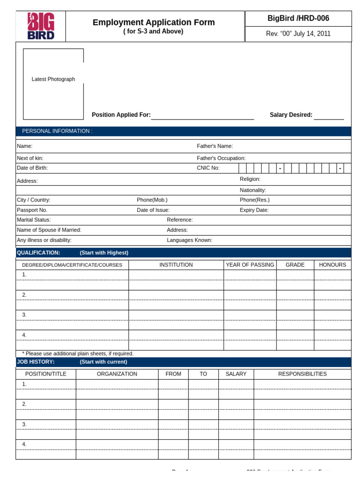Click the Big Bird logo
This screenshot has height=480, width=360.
click(41, 26)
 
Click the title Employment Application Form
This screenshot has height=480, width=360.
click(154, 22)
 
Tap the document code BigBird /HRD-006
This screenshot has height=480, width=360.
click(298, 18)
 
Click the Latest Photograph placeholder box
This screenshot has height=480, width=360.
click(53, 83)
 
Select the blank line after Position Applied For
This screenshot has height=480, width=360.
click(202, 115)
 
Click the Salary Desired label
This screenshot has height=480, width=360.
click(291, 115)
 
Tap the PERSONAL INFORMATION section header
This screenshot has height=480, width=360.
click(57, 131)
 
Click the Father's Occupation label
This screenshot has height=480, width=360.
click(221, 158)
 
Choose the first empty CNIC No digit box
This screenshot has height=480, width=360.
click(242, 168)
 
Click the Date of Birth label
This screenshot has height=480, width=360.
click(32, 168)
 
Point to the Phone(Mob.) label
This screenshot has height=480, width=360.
click(152, 200)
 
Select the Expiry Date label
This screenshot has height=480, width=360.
click(254, 210)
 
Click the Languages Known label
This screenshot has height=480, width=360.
click(189, 240)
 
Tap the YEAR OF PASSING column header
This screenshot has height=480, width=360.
click(250, 265)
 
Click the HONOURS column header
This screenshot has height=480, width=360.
click(332, 265)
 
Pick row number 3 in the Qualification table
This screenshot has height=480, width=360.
click(24, 315)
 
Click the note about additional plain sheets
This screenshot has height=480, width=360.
click(78, 353)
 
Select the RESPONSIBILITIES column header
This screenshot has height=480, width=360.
click(302, 374)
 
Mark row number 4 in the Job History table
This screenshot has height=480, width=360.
click(24, 444)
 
